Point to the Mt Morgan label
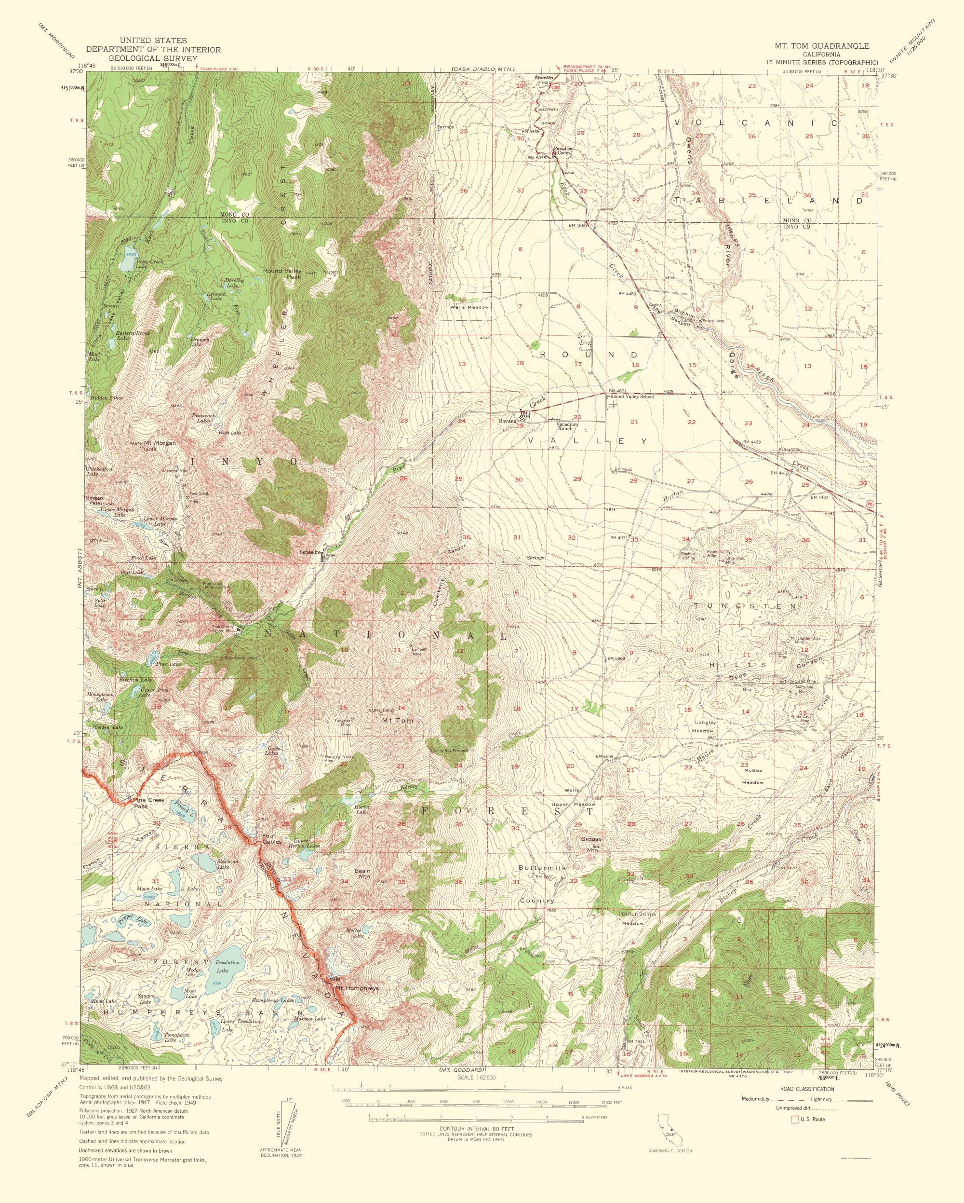[x=160, y=442]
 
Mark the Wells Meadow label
[x=474, y=307]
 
